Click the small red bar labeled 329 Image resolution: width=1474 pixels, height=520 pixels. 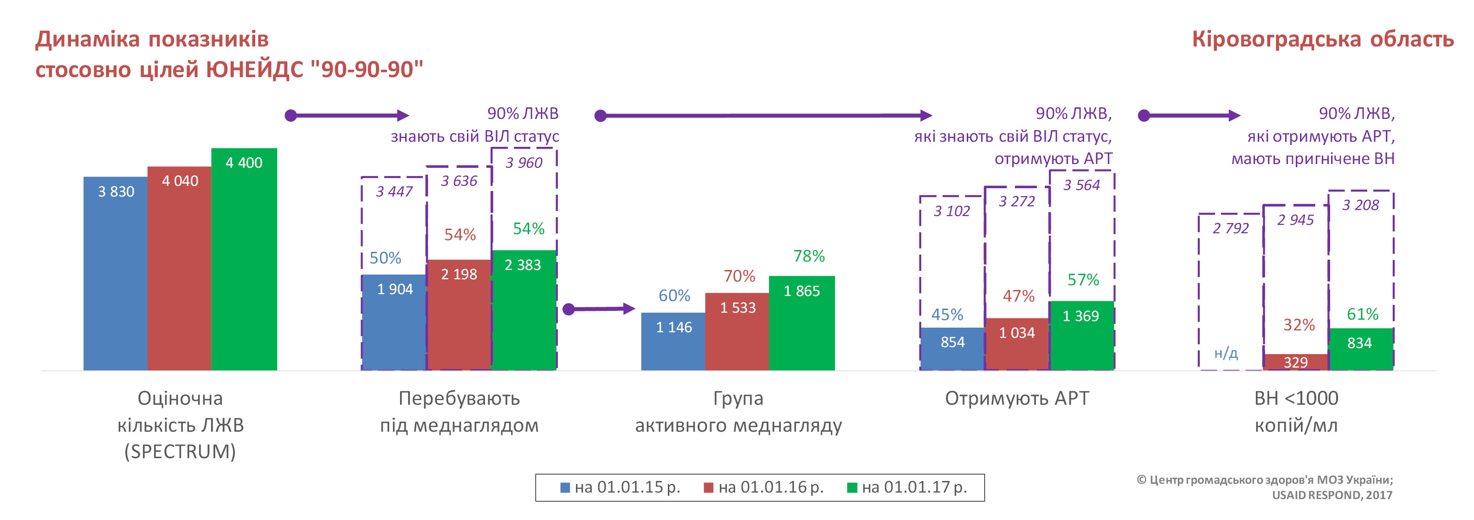(1295, 362)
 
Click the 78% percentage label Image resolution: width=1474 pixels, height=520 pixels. (808, 256)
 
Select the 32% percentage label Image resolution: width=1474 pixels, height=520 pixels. (1299, 325)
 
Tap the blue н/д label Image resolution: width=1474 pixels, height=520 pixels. (1226, 353)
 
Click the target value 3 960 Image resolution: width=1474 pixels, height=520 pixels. (524, 163)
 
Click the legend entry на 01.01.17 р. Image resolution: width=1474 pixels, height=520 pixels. (907, 487)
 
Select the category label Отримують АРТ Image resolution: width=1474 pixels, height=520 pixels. (1017, 398)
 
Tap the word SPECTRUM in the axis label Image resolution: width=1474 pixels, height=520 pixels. (180, 452)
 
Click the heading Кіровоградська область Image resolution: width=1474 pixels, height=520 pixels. (1322, 39)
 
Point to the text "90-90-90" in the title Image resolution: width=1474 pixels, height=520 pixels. (367, 69)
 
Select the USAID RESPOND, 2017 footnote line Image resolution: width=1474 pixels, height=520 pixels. (1332, 495)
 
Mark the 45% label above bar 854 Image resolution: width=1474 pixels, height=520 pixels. (947, 315)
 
